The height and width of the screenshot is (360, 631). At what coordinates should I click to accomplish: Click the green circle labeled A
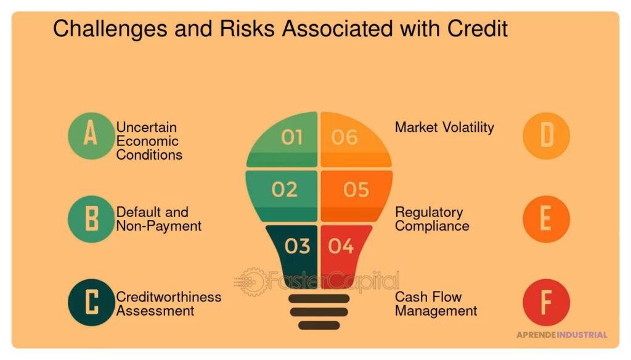[x=91, y=136]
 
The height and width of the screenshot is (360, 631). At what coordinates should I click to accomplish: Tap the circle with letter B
[x=91, y=219]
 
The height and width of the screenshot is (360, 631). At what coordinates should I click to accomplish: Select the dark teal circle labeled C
[x=91, y=303]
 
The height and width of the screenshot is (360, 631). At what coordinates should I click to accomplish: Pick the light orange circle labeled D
[x=546, y=136]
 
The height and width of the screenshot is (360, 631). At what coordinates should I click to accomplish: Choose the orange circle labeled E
[x=546, y=219]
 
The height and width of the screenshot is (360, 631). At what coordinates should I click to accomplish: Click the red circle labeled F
[x=546, y=303]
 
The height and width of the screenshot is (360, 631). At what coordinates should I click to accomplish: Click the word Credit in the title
[x=478, y=28]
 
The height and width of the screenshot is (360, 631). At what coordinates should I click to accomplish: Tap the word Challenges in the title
[x=110, y=30]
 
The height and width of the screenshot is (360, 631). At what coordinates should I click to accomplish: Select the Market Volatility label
[x=444, y=127]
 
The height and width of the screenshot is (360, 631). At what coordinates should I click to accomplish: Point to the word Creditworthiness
[x=169, y=297]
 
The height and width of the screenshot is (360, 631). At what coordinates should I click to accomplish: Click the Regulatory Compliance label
[x=432, y=219]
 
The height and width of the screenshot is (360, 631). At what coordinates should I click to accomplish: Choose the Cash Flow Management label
[x=436, y=304]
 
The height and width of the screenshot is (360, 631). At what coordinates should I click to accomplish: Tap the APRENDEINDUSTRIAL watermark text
[x=562, y=335]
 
